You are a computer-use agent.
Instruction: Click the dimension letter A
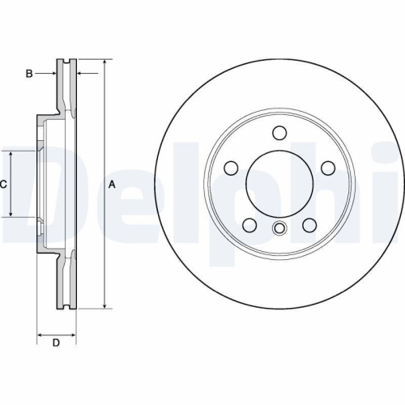(113, 185)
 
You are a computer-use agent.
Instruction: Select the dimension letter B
(29, 74)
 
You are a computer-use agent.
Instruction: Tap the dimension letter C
(3, 185)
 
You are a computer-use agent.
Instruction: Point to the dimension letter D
(56, 343)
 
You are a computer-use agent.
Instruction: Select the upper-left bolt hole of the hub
(231, 168)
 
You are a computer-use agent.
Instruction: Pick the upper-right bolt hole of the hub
(327, 168)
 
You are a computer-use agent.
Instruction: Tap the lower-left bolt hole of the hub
(249, 224)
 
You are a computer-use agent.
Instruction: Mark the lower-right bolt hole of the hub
(309, 224)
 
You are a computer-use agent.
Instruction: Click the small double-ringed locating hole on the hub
(279, 228)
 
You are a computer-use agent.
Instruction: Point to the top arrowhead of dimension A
(104, 62)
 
